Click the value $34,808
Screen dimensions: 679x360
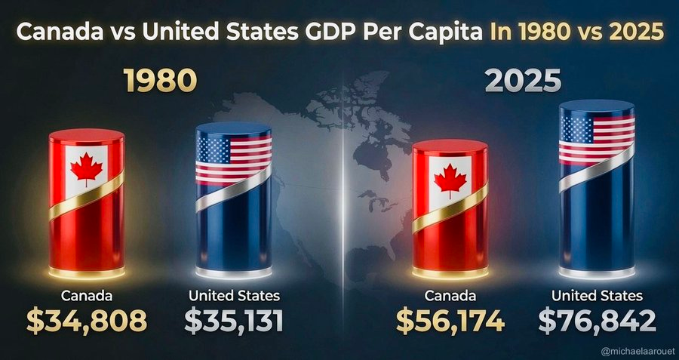pos(87,321)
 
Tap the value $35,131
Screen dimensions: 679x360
pos(234,321)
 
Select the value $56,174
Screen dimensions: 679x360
pos(450,321)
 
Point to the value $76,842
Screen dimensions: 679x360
pos(598,321)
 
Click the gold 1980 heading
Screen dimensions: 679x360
pos(160,80)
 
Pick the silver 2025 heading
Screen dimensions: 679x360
pos(523,80)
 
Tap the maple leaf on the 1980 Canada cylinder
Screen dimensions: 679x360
pos(87,169)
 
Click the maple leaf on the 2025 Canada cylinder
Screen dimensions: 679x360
pos(450,180)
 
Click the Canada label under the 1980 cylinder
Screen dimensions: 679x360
pos(87,295)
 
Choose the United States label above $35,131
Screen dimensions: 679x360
pos(234,295)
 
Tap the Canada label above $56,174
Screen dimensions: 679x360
pos(450,295)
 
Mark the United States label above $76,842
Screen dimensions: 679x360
pos(598,295)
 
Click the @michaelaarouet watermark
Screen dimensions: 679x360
pos(638,350)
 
